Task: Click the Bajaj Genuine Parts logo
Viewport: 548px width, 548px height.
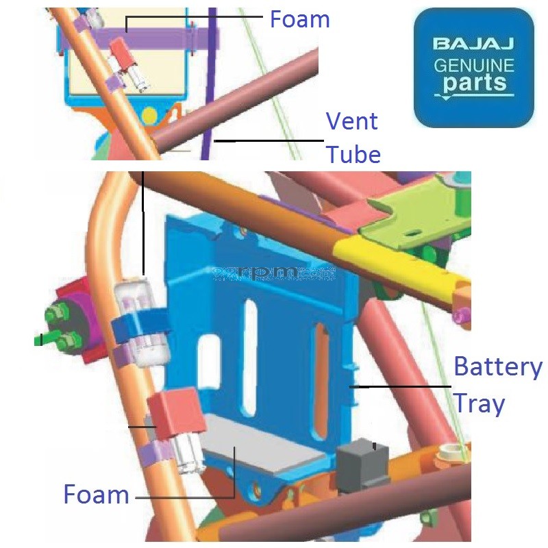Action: point(473,68)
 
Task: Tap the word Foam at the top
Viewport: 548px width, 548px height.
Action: point(299,19)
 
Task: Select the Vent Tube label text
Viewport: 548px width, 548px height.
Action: point(352,138)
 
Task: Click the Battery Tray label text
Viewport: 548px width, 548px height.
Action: point(497,385)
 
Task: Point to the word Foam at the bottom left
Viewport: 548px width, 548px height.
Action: point(96,494)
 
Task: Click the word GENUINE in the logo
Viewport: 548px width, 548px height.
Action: point(473,66)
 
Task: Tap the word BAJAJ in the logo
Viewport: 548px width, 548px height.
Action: point(473,45)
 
